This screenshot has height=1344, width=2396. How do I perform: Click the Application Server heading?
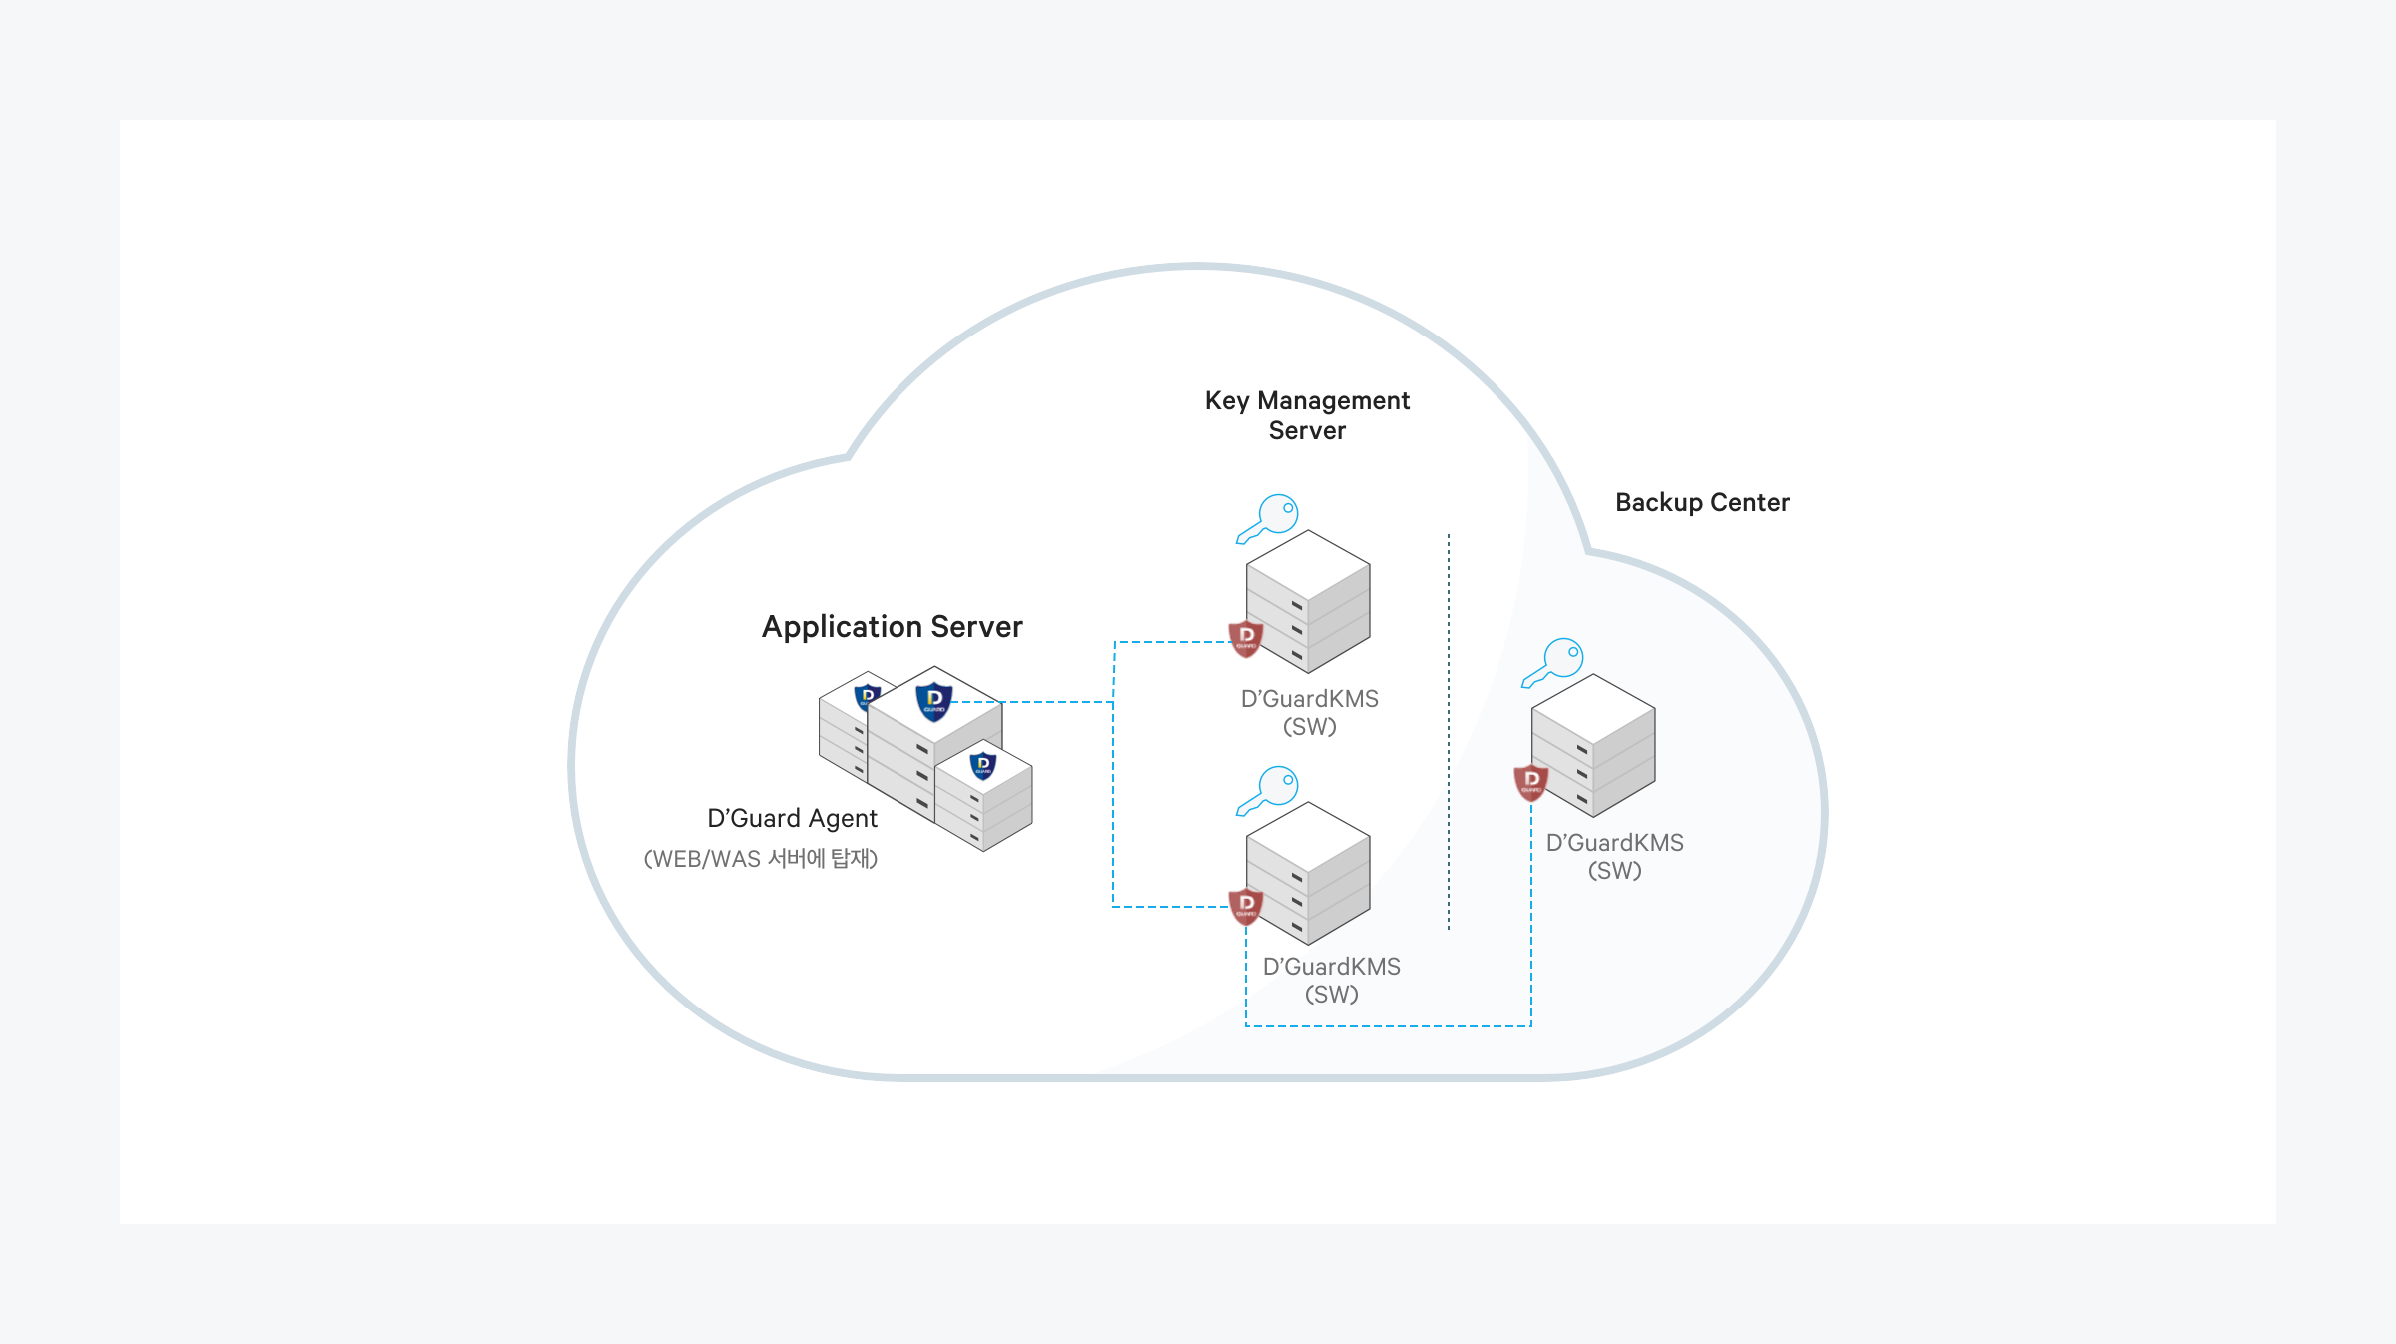[x=892, y=626]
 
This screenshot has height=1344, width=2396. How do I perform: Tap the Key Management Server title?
[x=1307, y=415]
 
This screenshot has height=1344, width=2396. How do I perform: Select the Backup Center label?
[x=1702, y=502]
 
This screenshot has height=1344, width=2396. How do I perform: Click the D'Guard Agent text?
[x=792, y=818]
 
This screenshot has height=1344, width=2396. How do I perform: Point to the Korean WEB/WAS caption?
[x=761, y=859]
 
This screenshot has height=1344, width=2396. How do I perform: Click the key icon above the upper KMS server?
[x=1268, y=518]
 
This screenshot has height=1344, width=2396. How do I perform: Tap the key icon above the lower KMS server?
[x=1268, y=790]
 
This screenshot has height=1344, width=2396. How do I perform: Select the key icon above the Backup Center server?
[x=1553, y=662]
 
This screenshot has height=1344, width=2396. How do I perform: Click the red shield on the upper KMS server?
[x=1246, y=637]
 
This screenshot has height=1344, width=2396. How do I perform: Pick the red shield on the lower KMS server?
[x=1246, y=905]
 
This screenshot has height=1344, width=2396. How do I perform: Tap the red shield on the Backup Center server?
[x=1531, y=781]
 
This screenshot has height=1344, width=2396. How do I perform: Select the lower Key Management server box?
[x=1309, y=873]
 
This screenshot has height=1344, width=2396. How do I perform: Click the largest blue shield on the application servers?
[x=934, y=701]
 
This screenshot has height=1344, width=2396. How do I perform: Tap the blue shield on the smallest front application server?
[x=983, y=765]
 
